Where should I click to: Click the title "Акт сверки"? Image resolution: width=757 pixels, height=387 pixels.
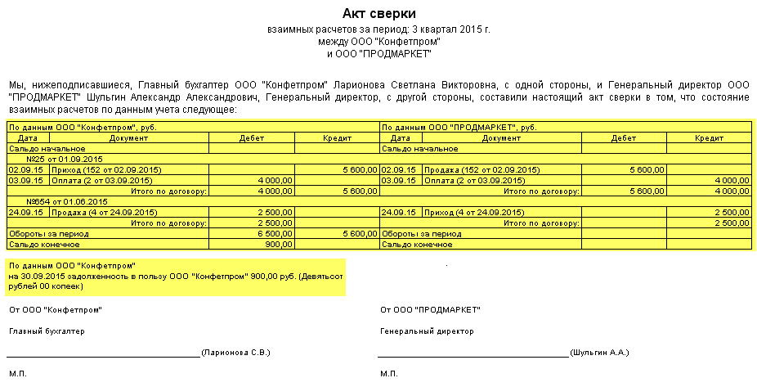point(378,14)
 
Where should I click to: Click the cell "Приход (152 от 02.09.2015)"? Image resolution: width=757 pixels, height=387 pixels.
point(105,169)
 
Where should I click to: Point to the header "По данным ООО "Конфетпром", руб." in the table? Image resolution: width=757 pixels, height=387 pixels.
point(82,128)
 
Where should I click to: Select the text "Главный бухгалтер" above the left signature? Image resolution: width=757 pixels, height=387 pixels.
point(47,331)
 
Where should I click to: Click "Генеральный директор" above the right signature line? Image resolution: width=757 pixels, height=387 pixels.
point(427,331)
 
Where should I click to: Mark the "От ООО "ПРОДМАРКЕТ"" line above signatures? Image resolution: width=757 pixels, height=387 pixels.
point(430,309)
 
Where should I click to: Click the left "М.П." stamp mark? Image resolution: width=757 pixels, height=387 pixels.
point(18,374)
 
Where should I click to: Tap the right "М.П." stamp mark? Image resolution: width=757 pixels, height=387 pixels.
point(389,374)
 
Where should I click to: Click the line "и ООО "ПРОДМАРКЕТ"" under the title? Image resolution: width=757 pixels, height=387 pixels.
point(378,54)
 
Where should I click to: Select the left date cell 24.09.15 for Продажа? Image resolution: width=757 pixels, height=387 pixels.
point(25,212)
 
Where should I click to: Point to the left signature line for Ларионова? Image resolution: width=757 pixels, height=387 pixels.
point(103,355)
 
